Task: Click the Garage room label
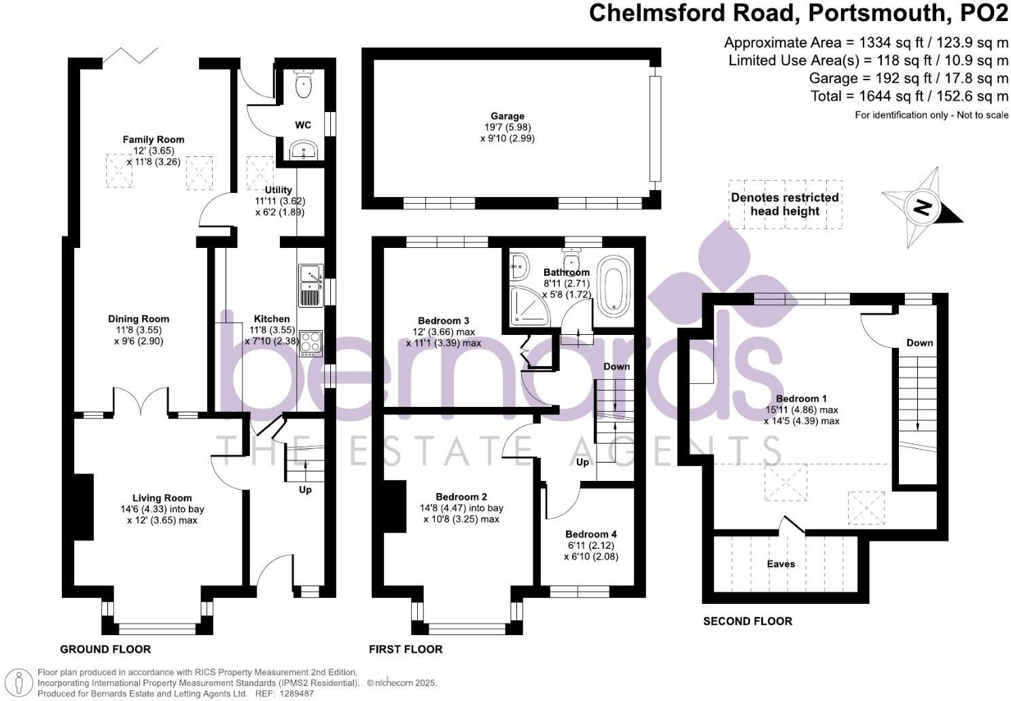point(508,116)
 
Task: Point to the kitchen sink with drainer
point(311,286)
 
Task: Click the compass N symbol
point(921,207)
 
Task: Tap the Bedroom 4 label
point(590,535)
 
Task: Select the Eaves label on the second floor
point(781,564)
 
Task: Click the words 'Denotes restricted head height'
point(785,204)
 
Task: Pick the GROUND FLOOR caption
point(105,649)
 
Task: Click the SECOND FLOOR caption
point(747,621)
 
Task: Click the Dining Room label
point(139,319)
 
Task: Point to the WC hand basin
point(303,150)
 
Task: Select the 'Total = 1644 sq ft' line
point(910,96)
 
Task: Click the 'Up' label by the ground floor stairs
point(305,489)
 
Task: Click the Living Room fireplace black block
point(83,507)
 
